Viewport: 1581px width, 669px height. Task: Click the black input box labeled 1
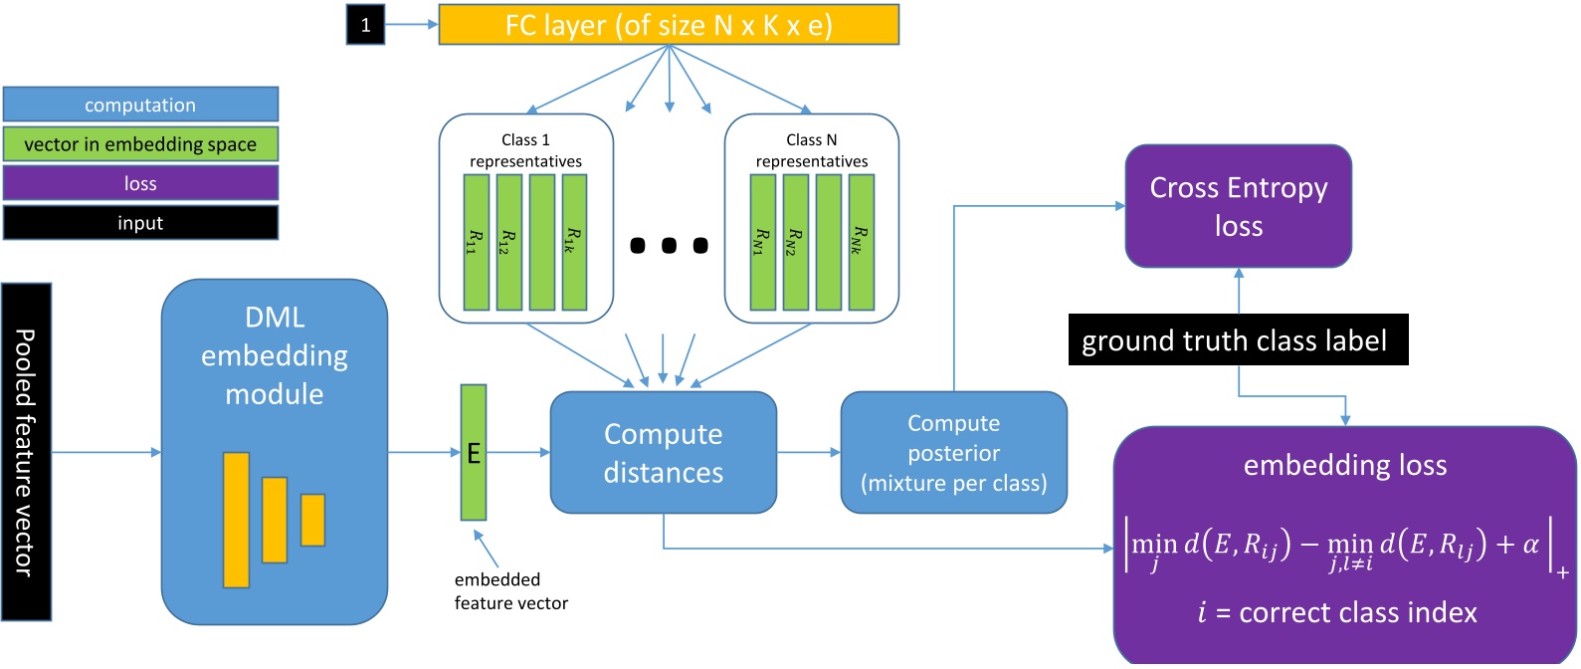(x=365, y=25)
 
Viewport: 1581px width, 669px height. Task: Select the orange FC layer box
(x=669, y=25)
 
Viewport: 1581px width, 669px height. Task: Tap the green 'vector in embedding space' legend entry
(x=140, y=144)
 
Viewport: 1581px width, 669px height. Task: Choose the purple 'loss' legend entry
(x=140, y=183)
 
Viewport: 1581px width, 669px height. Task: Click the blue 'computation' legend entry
(x=140, y=105)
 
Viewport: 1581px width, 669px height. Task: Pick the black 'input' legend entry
(x=140, y=223)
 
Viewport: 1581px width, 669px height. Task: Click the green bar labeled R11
(x=476, y=242)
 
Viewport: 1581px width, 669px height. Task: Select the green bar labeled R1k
(x=574, y=242)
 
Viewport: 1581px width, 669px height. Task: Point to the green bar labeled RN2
(x=795, y=242)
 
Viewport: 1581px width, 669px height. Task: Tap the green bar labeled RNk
(x=861, y=242)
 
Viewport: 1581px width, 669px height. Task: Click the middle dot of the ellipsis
(x=669, y=245)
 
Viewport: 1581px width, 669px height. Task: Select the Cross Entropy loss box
(x=1238, y=206)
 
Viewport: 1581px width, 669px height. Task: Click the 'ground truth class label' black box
(x=1238, y=340)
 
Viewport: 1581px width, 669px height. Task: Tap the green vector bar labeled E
(x=474, y=453)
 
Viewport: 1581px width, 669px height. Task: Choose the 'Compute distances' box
(x=663, y=453)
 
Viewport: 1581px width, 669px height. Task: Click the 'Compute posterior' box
(x=953, y=453)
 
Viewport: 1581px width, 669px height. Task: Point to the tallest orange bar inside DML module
(x=236, y=520)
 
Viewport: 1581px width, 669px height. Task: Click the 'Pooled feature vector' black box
(x=26, y=452)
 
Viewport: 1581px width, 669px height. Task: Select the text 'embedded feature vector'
(x=510, y=591)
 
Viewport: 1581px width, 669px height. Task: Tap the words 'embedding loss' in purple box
(x=1345, y=465)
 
